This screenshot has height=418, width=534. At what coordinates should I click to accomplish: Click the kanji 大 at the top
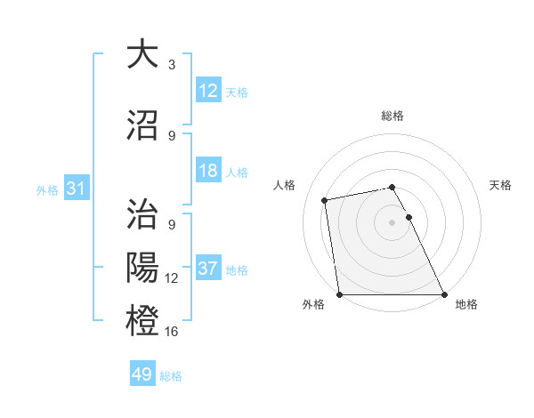143,55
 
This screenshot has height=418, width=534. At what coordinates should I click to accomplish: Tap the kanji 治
143,214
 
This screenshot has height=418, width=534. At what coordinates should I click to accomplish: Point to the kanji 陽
143,268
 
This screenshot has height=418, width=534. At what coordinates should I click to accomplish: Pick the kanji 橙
143,321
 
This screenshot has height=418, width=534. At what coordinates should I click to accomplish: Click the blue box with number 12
208,91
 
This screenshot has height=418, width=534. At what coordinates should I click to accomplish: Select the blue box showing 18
208,171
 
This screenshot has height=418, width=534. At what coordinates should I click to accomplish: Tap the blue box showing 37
208,269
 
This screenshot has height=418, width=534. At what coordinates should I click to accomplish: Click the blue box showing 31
76,189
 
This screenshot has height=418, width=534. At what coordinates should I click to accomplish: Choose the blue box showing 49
142,374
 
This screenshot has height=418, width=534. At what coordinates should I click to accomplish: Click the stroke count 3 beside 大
171,65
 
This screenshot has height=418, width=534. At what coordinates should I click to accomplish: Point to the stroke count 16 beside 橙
172,332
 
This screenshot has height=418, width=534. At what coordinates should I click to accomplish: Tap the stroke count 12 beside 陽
172,278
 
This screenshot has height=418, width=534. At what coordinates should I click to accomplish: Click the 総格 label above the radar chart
392,116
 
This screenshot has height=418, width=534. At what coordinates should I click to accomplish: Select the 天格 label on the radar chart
501,185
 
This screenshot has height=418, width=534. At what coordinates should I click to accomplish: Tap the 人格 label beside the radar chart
285,185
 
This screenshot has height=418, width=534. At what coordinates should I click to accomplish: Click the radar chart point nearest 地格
444,294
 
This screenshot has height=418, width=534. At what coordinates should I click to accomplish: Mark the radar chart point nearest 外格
339,294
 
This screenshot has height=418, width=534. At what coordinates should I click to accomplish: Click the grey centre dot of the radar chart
392,222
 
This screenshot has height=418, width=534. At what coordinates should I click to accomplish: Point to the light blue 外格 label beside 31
46,189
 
